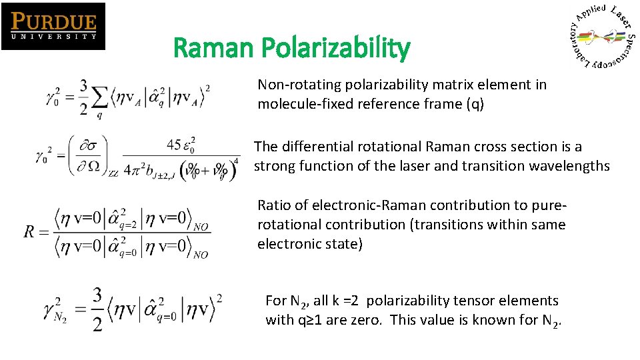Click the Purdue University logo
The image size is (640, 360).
(x=53, y=26)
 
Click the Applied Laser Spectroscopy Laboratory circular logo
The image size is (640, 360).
(x=602, y=37)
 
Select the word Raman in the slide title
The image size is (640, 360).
(x=214, y=48)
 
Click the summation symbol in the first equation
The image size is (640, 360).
(x=101, y=97)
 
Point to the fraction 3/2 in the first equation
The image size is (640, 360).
(x=83, y=97)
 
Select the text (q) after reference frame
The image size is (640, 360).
(x=477, y=103)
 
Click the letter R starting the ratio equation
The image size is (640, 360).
(x=30, y=232)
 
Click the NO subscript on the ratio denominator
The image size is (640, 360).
(x=200, y=255)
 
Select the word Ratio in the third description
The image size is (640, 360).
(x=274, y=205)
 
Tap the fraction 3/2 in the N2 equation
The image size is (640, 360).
(x=97, y=309)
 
